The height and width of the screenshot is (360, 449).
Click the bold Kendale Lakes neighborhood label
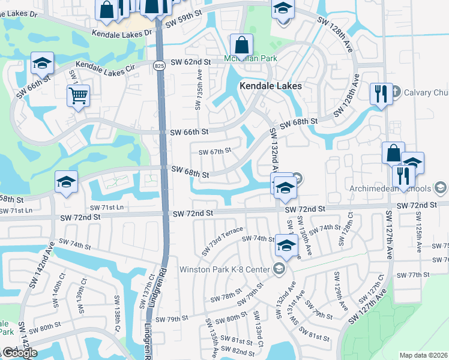pyautogui.click(x=270, y=86)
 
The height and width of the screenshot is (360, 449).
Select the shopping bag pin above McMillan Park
pyautogui.click(x=241, y=45)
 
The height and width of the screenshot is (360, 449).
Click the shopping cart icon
pyautogui.click(x=79, y=95)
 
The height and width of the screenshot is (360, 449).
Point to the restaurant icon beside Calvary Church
pyautogui.click(x=381, y=94)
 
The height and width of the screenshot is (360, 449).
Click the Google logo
pyautogui.click(x=20, y=353)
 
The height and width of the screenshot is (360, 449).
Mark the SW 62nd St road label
pyautogui.click(x=190, y=62)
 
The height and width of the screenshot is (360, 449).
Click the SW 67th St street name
pyautogui.click(x=214, y=151)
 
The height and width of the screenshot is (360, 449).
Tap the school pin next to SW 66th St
pyautogui.click(x=42, y=63)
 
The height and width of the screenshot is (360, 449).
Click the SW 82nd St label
pyautogui.click(x=238, y=350)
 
